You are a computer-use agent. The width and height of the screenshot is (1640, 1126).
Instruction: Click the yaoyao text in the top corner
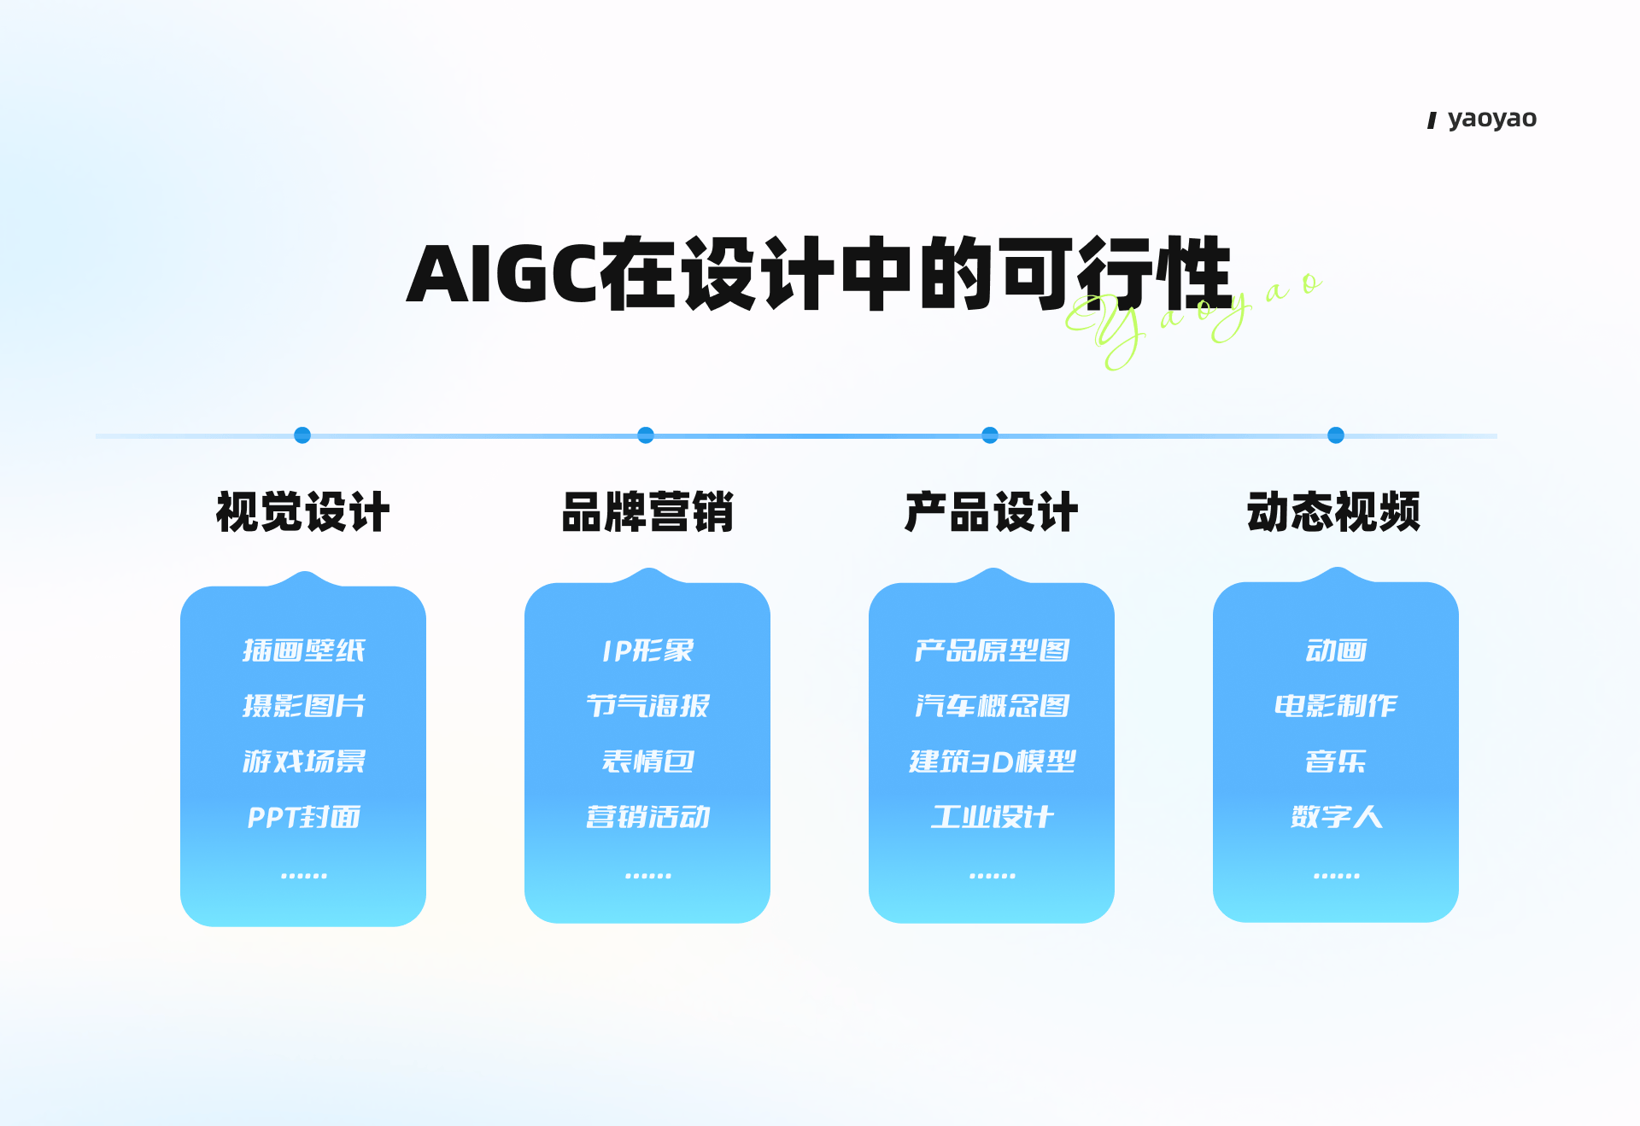[x=1492, y=119]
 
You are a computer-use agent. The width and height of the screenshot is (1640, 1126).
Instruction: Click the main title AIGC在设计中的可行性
[x=818, y=273]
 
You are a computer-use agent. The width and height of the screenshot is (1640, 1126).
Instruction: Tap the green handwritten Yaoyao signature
[x=1192, y=320]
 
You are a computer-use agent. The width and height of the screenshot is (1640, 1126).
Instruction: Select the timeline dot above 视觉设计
[x=302, y=435]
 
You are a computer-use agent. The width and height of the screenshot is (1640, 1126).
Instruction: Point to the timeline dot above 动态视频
[x=1336, y=435]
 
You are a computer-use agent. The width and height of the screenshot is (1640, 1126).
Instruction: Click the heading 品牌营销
[x=647, y=512]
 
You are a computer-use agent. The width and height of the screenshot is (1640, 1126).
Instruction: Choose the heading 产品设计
[x=992, y=512]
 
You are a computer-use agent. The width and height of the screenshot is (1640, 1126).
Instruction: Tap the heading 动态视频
[x=1334, y=512]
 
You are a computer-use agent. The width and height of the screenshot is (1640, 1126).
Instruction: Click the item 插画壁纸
[x=303, y=651]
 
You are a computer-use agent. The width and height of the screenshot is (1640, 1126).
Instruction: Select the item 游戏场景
[x=303, y=761]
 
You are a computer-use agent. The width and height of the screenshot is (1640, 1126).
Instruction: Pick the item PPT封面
[x=303, y=817]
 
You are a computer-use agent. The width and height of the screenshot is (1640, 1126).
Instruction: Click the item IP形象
[x=647, y=651]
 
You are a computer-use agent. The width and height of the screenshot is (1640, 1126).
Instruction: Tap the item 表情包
[x=647, y=761]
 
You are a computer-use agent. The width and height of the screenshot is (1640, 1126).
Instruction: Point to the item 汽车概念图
[x=992, y=705]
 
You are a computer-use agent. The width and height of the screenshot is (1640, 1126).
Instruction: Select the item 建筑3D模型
[x=992, y=761]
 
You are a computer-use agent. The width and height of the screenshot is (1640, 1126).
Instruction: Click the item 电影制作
[x=1336, y=705]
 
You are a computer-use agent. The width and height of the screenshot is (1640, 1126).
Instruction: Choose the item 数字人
[x=1336, y=817]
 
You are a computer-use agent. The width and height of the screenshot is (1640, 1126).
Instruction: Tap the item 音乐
[x=1336, y=761]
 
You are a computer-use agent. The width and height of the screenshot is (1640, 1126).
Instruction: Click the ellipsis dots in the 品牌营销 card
[x=647, y=876]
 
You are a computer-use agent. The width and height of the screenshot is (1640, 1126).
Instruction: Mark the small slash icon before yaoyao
[x=1432, y=121]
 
